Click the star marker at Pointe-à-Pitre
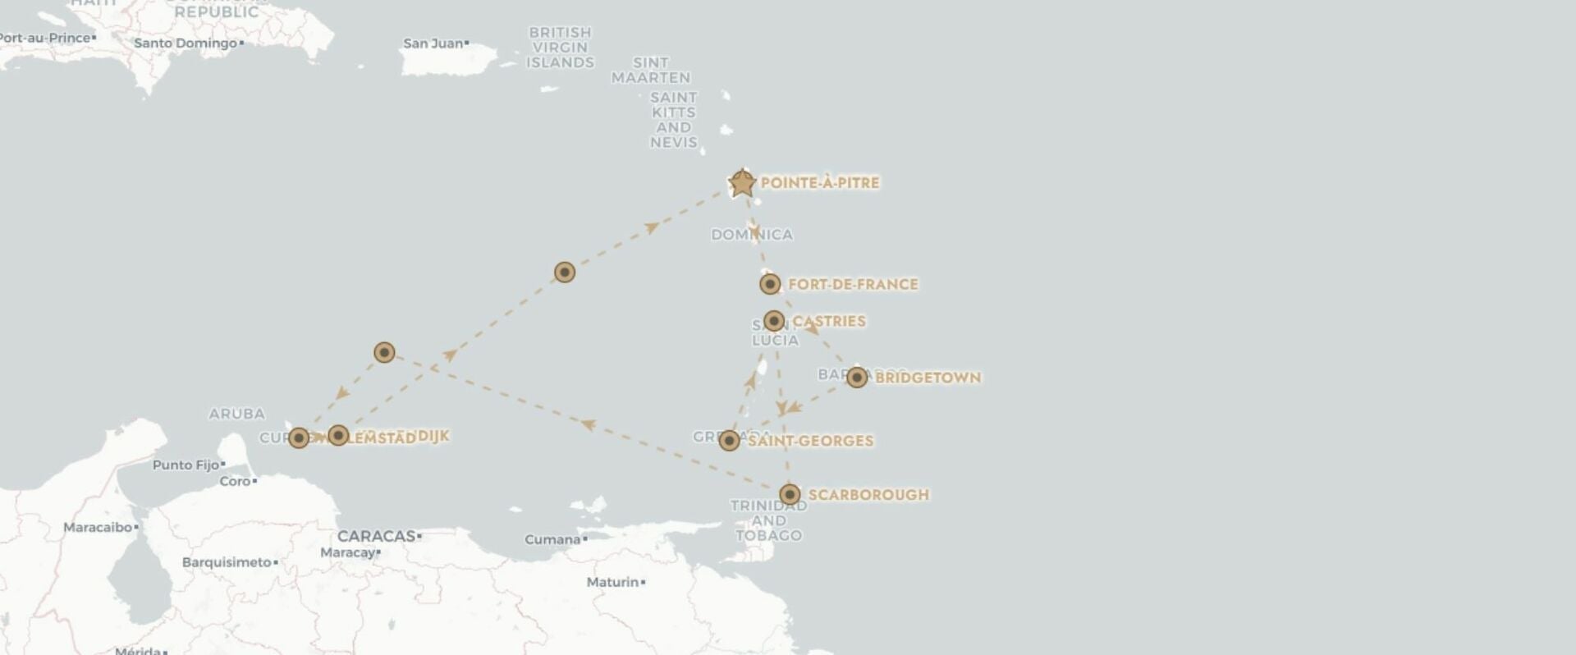point(742,183)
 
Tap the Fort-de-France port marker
point(770,284)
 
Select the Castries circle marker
point(774,321)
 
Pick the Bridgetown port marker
point(857,378)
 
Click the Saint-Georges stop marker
point(730,441)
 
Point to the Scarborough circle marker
point(790,494)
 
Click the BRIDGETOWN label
point(928,378)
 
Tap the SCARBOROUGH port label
point(868,494)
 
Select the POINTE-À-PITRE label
point(819,182)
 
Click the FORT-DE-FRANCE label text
point(853,284)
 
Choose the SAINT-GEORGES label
point(810,441)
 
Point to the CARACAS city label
point(376,536)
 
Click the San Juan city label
point(433,43)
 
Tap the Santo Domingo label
point(185,43)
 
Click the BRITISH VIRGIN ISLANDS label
point(560,48)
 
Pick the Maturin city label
point(612,582)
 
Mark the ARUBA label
point(236,414)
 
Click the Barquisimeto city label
point(226,562)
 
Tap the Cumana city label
point(552,539)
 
